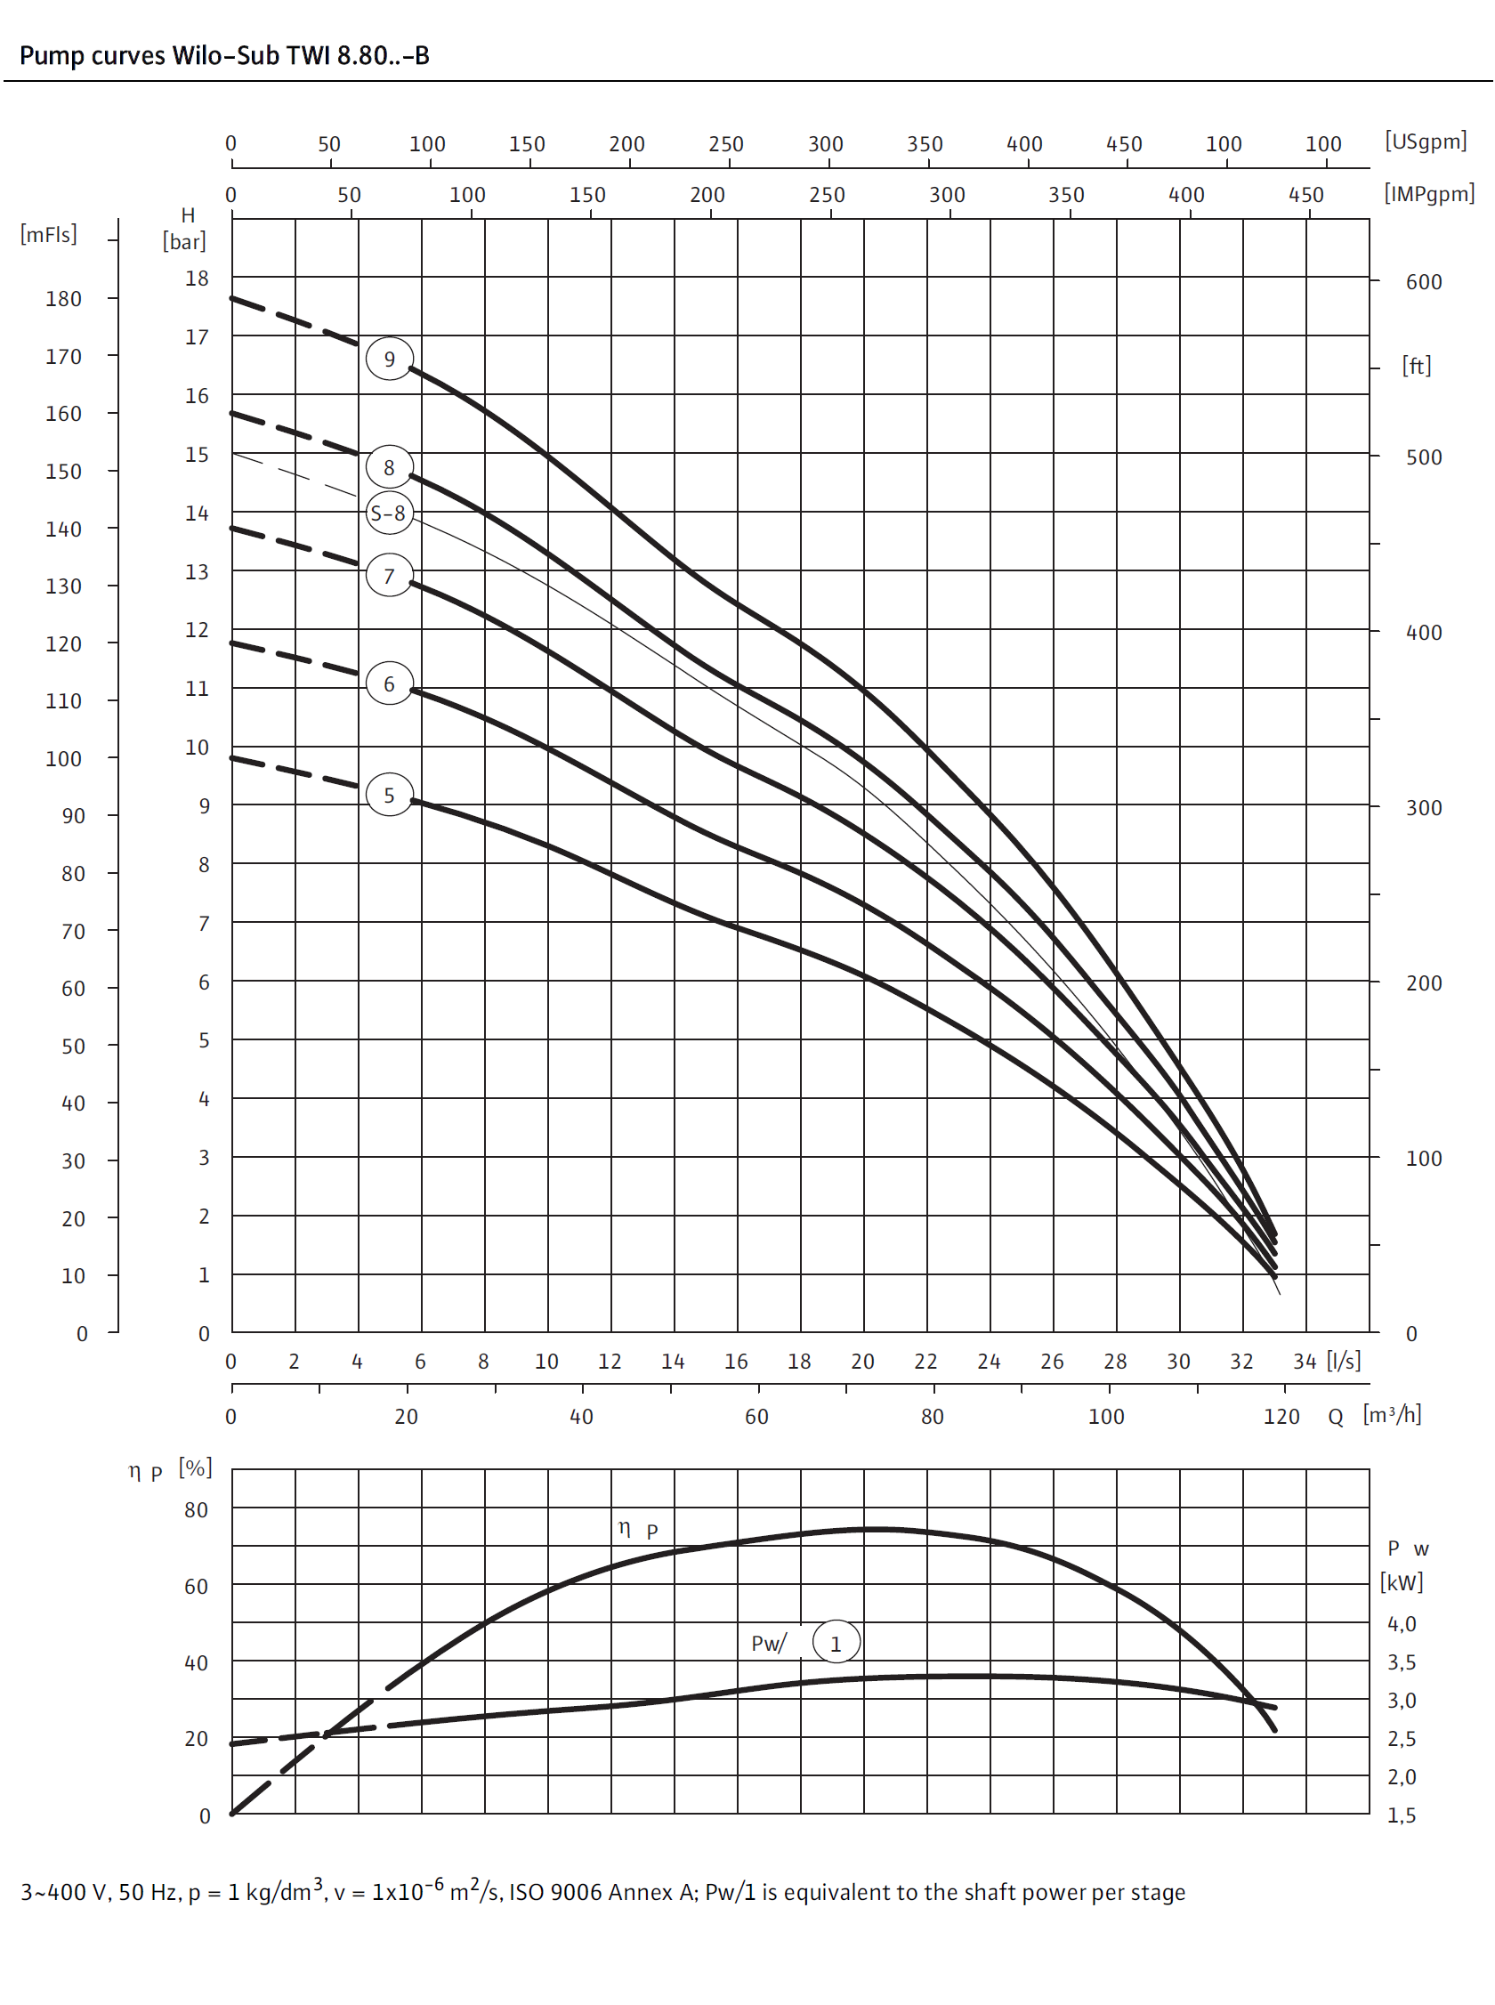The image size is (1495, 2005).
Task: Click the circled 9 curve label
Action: point(389,359)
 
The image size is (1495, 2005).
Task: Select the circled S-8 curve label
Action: point(389,513)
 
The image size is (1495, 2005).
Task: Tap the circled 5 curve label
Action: point(389,795)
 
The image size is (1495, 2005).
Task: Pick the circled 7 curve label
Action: point(389,576)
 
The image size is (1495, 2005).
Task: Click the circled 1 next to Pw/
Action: point(836,1643)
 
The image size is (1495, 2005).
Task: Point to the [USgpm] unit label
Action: point(1426,141)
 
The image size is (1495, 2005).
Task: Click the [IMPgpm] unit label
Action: point(1429,193)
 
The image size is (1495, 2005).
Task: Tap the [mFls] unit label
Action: point(49,234)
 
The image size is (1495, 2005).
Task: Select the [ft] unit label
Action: point(1417,366)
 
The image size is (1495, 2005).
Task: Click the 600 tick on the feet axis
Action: point(1424,281)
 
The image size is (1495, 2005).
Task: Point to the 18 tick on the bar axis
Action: point(197,278)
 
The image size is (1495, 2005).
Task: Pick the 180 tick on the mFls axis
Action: point(63,299)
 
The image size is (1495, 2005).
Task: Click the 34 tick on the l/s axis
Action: point(1304,1361)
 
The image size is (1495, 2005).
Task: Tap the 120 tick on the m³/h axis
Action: point(1281,1416)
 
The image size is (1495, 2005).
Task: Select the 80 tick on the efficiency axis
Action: point(196,1509)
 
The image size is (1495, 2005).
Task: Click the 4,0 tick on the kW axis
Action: point(1401,1623)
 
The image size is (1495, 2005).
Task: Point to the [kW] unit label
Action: point(1401,1581)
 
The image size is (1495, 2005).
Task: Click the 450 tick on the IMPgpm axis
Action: point(1305,195)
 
